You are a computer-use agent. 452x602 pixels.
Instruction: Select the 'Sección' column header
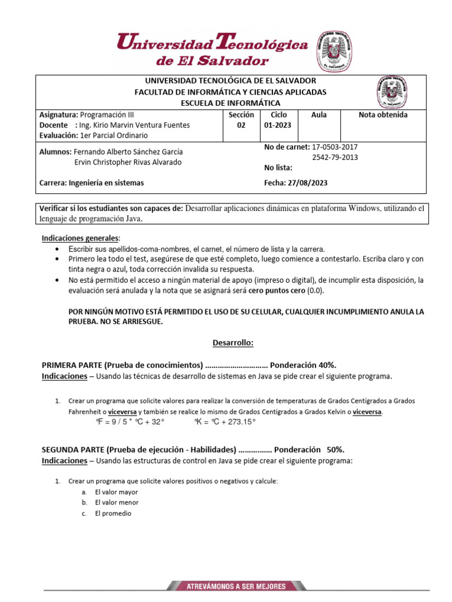pos(241,115)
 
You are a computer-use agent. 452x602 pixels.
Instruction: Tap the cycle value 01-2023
pos(277,125)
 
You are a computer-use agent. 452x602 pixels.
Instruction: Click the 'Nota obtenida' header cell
pos(383,115)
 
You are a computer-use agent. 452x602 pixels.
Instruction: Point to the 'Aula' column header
pos(318,115)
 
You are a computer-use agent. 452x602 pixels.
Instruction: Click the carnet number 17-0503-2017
pos(334,146)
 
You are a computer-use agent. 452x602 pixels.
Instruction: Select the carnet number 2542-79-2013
pos(334,157)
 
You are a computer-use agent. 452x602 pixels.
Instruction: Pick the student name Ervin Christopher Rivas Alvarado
pos(128,162)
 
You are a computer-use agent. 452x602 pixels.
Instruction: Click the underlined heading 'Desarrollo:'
pos(232,342)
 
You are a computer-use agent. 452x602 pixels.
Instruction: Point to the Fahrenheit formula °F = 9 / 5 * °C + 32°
pos(130,422)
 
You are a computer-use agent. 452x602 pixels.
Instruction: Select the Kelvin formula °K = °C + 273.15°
pos(225,422)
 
